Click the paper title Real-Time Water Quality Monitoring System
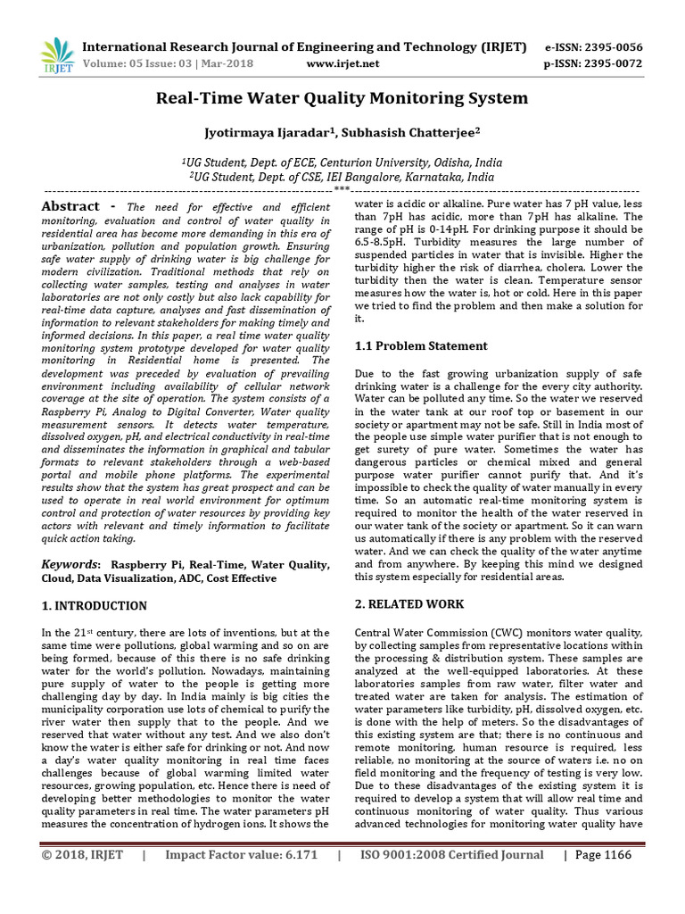[x=342, y=98]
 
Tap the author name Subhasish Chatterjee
[x=410, y=132]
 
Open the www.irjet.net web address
[x=342, y=63]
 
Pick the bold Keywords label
[x=71, y=564]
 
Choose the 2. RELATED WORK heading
[x=409, y=604]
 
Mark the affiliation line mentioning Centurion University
[x=342, y=162]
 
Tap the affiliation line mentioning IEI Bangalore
[x=342, y=177]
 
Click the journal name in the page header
[x=303, y=46]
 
